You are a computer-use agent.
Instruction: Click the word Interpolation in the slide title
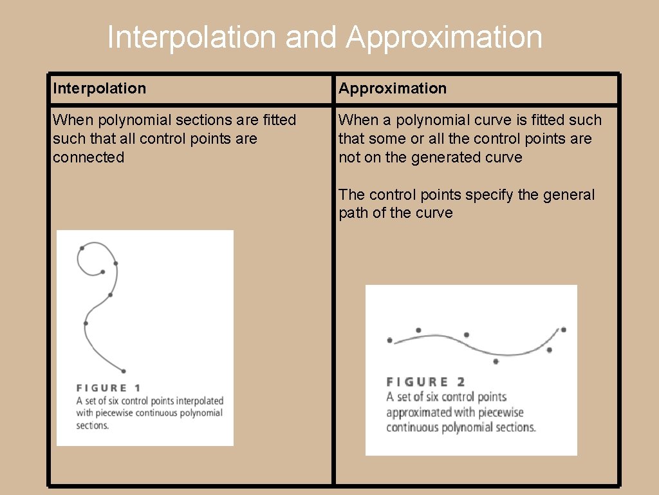tap(192, 37)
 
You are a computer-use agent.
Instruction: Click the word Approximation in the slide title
tap(444, 37)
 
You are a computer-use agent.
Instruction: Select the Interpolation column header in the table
tap(100, 88)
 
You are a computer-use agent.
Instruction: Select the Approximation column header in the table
tap(393, 88)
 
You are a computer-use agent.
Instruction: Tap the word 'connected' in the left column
tap(88, 157)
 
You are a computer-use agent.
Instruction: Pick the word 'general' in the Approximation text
tap(568, 195)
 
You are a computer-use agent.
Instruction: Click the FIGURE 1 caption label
tap(108, 388)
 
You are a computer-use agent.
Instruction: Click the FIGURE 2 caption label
tap(425, 382)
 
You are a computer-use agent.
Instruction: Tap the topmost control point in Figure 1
tap(82, 247)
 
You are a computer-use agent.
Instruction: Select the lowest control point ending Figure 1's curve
tap(123, 371)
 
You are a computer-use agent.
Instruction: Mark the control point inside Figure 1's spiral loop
tap(102, 272)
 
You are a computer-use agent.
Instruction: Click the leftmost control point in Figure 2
tap(389, 340)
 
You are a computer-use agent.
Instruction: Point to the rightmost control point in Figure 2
tap(563, 329)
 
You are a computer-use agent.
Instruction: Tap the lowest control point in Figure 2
tap(496, 362)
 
